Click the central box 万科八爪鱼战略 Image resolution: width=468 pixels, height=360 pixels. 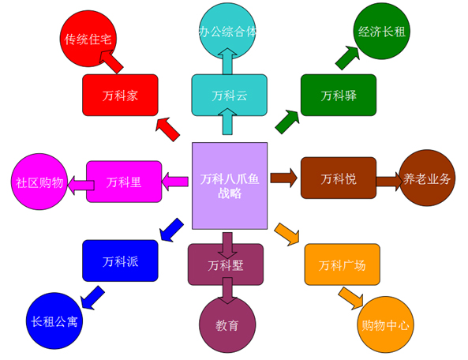[230, 186]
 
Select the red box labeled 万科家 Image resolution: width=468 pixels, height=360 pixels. [120, 95]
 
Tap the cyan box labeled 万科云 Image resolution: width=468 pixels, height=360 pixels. [229, 95]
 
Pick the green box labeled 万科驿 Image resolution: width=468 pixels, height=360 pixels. [339, 95]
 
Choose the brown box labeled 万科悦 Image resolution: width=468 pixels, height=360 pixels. [339, 178]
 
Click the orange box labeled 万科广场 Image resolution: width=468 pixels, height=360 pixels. [342, 264]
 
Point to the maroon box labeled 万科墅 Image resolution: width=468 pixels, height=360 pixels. [226, 264]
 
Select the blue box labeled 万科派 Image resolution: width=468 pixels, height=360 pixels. [120, 261]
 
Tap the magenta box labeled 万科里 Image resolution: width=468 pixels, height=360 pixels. [124, 182]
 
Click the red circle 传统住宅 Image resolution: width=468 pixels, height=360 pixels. [88, 39]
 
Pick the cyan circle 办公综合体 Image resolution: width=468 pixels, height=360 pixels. [227, 31]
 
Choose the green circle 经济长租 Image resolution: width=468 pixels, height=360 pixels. [382, 31]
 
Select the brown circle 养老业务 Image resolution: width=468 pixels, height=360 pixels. [427, 178]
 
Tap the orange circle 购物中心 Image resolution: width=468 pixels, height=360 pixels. [386, 324]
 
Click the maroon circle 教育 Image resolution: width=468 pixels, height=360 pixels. [227, 324]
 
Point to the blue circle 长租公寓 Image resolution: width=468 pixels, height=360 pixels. [54, 321]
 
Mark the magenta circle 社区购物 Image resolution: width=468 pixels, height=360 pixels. [39, 182]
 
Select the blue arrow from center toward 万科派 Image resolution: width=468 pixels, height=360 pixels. [171, 230]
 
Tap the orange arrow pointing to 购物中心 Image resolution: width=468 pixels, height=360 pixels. [351, 298]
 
